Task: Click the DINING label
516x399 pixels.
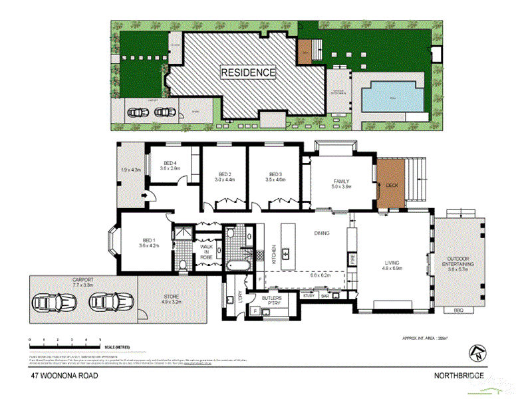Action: [x=322, y=233]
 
